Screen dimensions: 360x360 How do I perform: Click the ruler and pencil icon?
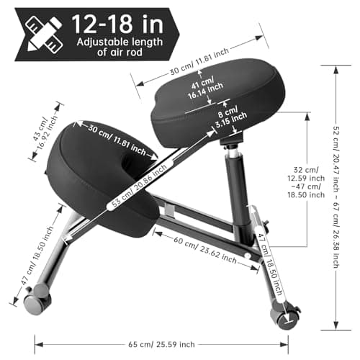(x=44, y=34)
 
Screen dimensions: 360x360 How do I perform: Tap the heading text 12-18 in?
(x=117, y=24)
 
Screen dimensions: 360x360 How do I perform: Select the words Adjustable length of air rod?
(x=120, y=47)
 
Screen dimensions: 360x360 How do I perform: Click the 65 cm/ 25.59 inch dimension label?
(x=161, y=345)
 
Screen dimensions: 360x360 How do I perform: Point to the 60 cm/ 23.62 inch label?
(x=205, y=250)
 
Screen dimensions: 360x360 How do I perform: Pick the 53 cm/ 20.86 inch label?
(x=139, y=186)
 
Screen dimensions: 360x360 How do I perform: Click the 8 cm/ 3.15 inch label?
(x=230, y=117)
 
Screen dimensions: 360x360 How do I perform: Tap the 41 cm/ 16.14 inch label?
(x=204, y=88)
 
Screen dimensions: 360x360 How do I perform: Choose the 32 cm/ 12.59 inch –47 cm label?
(x=306, y=182)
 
